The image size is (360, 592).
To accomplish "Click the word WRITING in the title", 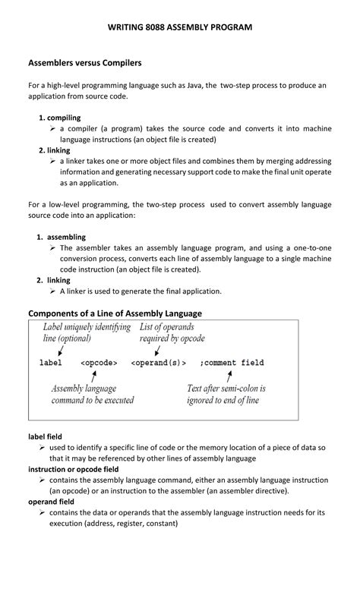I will pos(128,27).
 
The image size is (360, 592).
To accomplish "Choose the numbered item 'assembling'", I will pos(66,237).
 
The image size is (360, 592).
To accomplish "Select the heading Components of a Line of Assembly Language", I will pos(115,313).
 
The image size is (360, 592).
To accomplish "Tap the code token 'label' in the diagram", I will pos(51,363).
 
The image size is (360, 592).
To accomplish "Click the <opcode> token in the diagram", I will pos(98,363).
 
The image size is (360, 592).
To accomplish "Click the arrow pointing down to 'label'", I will pos(59,350).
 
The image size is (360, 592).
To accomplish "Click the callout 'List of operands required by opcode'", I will pos(172,332).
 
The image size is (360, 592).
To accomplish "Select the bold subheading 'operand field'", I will pos(51,502).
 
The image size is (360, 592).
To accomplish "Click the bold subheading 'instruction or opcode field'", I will pos(74,469).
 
